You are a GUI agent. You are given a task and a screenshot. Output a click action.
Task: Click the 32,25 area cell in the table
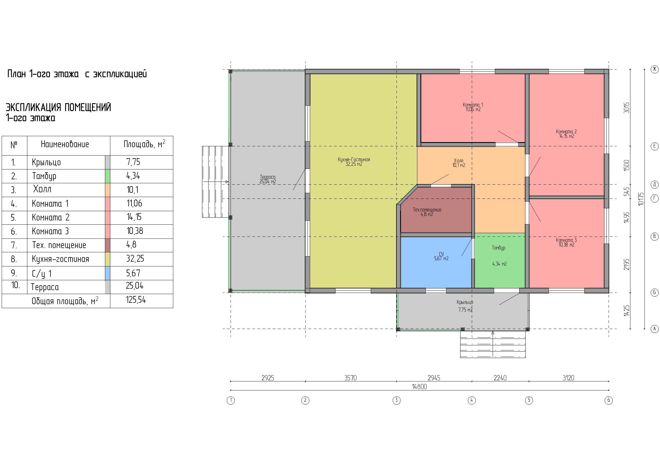pyautogui.click(x=135, y=259)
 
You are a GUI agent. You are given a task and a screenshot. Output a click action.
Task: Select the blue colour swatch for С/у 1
pyautogui.click(x=108, y=273)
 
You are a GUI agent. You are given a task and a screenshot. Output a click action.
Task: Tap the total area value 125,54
pyautogui.click(x=136, y=300)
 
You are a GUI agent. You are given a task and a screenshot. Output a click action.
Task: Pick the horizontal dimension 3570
pyautogui.click(x=350, y=378)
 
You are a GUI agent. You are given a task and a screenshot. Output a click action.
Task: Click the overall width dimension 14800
pyautogui.click(x=419, y=387)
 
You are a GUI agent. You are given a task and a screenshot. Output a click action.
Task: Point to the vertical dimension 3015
pyautogui.click(x=626, y=108)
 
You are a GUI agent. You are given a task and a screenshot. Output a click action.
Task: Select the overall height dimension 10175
pyautogui.click(x=641, y=199)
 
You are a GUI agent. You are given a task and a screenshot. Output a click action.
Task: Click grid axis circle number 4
pyautogui.click(x=472, y=400)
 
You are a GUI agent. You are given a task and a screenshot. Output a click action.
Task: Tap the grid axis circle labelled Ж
pyautogui.click(x=655, y=69)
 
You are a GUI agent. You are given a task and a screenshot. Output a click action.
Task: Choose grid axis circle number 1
pyautogui.click(x=231, y=400)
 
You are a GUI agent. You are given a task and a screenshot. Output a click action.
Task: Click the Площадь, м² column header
pyautogui.click(x=144, y=144)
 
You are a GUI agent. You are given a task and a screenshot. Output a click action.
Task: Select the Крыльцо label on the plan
pyautogui.click(x=465, y=302)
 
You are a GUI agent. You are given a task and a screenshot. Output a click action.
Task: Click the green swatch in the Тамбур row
pyautogui.click(x=108, y=176)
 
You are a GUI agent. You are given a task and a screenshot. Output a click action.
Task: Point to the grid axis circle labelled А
pyautogui.click(x=655, y=329)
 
